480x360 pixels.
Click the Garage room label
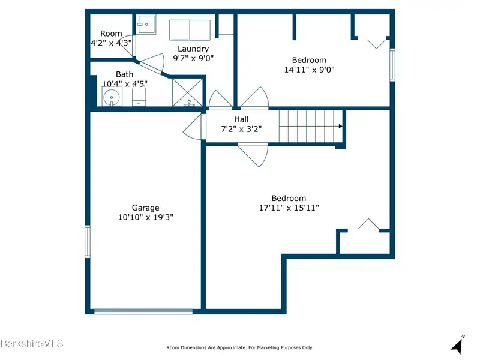(145, 208)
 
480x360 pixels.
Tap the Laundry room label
(193, 49)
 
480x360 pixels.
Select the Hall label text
(241, 119)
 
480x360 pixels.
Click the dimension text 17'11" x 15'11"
(289, 208)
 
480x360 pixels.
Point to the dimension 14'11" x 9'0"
(309, 70)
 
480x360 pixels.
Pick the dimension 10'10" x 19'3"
(145, 217)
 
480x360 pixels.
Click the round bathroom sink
(112, 98)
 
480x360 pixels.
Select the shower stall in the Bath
(187, 93)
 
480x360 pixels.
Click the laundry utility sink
(146, 25)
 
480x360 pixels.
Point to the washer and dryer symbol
(190, 30)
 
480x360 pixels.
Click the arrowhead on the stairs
(341, 126)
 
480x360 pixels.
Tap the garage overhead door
(143, 311)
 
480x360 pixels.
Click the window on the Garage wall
(88, 242)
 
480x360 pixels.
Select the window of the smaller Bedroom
(392, 65)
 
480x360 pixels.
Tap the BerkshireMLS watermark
(32, 343)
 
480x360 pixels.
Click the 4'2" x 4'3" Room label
(111, 38)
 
